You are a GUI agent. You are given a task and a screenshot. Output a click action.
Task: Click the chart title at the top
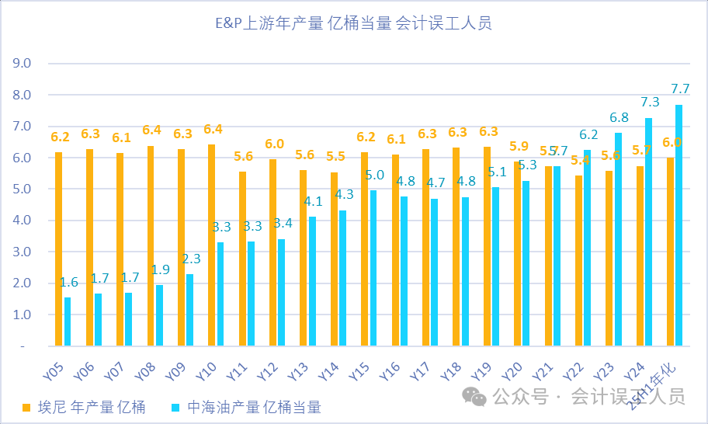pos(353,24)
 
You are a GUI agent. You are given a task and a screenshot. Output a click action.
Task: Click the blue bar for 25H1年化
pos(678,225)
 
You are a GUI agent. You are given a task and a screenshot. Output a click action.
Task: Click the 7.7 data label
pos(680,89)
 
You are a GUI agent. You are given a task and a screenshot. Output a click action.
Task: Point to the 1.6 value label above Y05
pos(69,283)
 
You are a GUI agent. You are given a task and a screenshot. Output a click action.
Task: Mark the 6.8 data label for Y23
pos(619,118)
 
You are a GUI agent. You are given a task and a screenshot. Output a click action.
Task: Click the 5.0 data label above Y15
pos(375,174)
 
